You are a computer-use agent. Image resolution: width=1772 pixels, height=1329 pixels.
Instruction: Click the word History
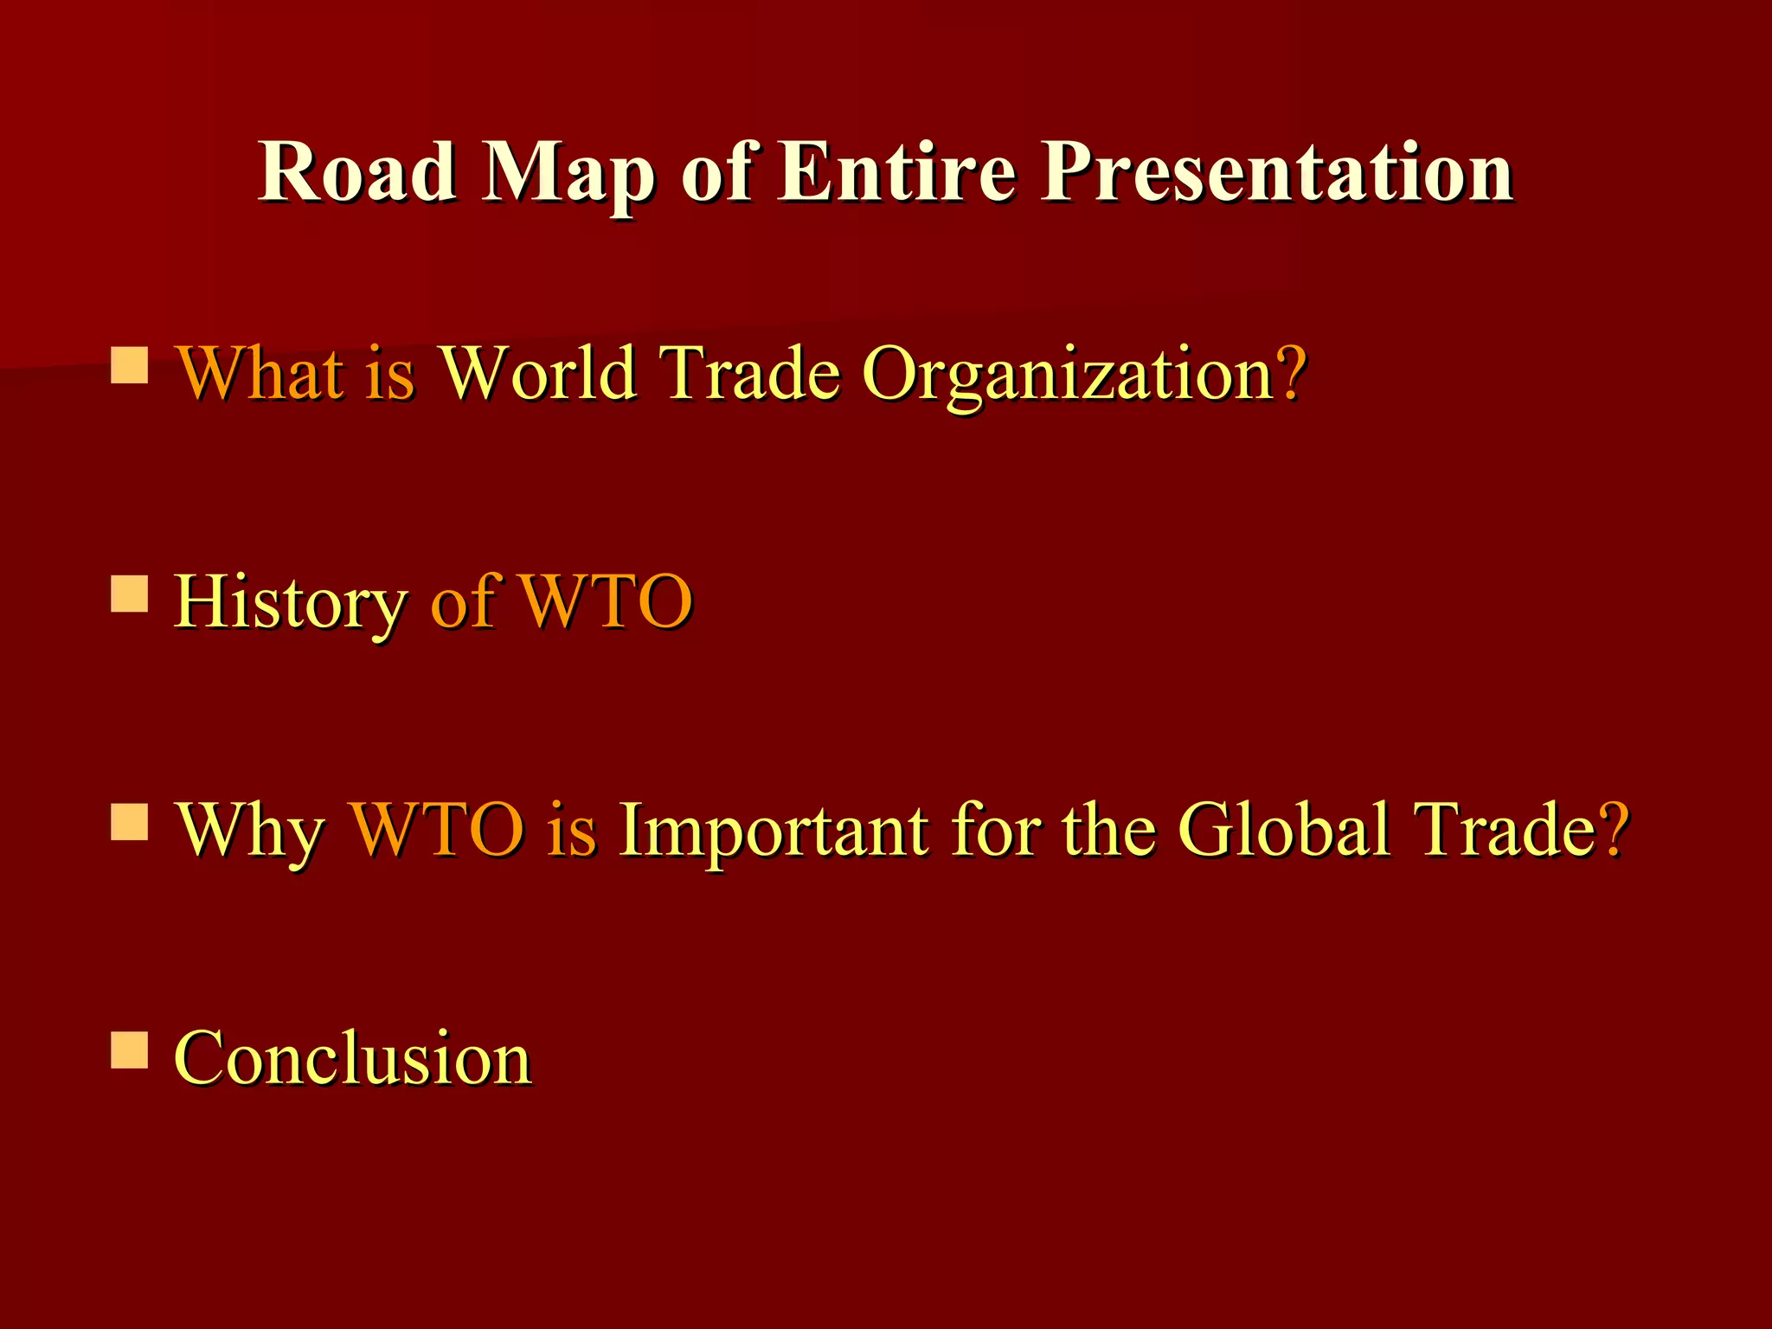pos(291,603)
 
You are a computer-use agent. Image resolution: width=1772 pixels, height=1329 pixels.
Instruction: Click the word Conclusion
pos(353,1057)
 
